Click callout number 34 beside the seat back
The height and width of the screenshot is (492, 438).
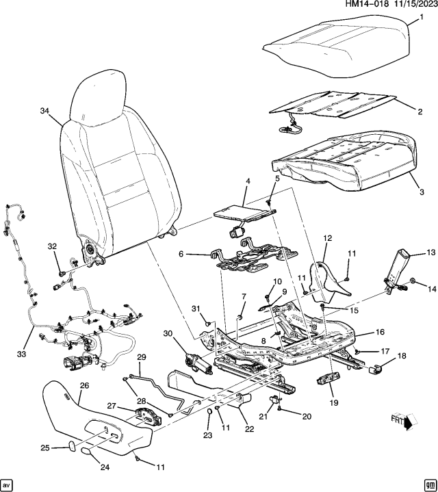(44, 112)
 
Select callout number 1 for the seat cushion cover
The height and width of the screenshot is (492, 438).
(421, 16)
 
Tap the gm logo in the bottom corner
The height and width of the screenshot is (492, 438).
(429, 483)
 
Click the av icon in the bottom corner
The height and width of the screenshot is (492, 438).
(8, 483)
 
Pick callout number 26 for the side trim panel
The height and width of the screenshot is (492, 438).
(84, 386)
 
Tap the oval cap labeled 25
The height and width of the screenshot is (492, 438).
(71, 446)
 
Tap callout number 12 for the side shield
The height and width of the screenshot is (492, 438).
(327, 238)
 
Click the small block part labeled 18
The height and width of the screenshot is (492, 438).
(375, 370)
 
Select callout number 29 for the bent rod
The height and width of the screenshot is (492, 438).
(142, 357)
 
